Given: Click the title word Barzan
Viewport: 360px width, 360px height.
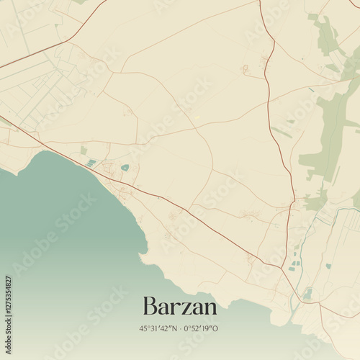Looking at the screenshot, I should [x=180, y=306].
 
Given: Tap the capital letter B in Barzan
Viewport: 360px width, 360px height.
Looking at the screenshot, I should [x=150, y=306].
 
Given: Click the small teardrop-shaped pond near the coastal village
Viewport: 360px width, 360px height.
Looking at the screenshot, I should [x=125, y=167].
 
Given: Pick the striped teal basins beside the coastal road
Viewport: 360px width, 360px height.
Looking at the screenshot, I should [x=91, y=163].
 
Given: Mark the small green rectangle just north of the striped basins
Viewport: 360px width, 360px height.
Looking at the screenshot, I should [x=84, y=150].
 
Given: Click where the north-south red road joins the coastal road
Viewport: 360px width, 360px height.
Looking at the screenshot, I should [x=282, y=268].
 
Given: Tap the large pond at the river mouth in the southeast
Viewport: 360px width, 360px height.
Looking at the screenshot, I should [x=307, y=294].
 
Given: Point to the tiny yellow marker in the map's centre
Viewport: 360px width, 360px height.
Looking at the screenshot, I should [x=198, y=117].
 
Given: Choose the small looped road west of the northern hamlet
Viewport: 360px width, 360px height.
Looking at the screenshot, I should [x=245, y=70].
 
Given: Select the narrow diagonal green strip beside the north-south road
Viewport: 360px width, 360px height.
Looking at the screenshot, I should [x=282, y=132].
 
